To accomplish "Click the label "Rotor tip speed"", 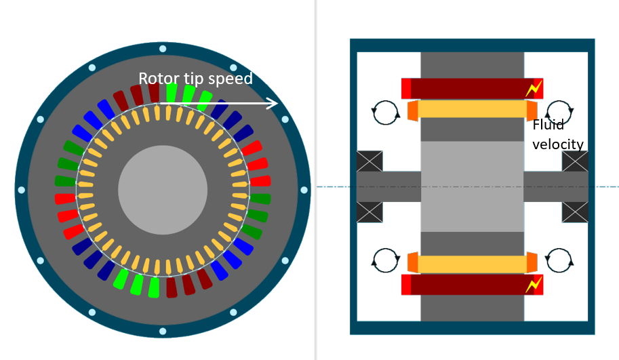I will (195, 79).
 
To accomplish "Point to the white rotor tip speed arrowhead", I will (273, 103).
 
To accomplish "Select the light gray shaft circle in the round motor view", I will (163, 190).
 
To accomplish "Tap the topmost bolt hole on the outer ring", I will (163, 49).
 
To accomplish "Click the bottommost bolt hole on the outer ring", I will (163, 332).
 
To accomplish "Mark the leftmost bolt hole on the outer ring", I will (22, 190).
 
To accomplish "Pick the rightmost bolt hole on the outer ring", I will (304, 190).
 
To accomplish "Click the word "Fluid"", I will (548, 125).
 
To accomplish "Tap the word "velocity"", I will (558, 144).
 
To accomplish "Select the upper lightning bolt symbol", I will (534, 89).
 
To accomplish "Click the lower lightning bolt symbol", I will (534, 285).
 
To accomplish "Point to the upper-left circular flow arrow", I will (386, 112).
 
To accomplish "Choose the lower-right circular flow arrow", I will (559, 260).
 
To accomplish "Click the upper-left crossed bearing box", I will (370, 161).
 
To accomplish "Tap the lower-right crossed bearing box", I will (575, 212).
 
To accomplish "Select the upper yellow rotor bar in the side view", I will (472, 109).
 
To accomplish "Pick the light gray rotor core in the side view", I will (472, 186).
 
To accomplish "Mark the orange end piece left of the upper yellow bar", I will (412, 110).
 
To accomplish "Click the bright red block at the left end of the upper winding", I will (406, 89).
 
